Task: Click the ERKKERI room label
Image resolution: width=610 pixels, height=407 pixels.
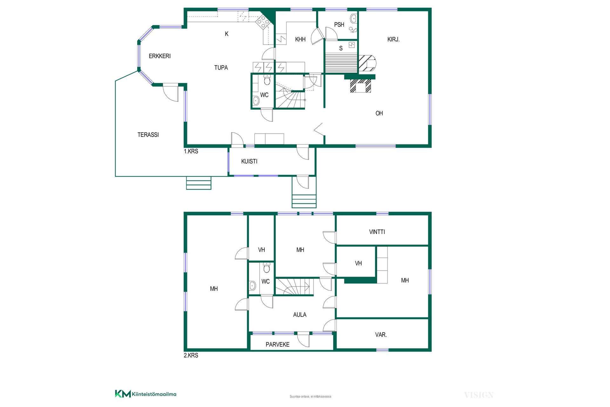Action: (x=159, y=56)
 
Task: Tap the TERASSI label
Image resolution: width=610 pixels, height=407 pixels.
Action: (x=148, y=135)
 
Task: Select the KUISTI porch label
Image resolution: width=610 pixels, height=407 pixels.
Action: (x=249, y=161)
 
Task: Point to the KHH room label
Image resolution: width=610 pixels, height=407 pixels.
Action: (x=300, y=39)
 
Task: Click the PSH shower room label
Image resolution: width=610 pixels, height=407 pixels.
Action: (x=339, y=24)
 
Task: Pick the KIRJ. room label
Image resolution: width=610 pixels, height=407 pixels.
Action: (x=393, y=39)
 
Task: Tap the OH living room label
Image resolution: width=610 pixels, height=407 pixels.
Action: (x=379, y=113)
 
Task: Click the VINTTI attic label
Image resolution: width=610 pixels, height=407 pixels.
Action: (x=377, y=232)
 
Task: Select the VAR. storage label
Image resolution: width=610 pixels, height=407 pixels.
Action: (x=381, y=335)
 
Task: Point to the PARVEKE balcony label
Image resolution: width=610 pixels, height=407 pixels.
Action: (x=277, y=344)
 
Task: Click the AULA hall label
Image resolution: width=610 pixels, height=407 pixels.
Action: (x=300, y=315)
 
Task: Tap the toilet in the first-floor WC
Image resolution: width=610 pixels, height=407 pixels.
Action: (x=267, y=80)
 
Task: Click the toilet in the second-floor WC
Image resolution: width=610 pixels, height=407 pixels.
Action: (x=267, y=268)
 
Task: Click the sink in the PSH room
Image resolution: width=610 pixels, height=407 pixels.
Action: (x=353, y=19)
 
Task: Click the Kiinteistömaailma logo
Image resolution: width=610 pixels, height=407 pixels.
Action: (x=146, y=394)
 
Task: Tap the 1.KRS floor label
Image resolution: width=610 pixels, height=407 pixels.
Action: (x=191, y=151)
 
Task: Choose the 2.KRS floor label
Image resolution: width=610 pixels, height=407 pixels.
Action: (x=191, y=355)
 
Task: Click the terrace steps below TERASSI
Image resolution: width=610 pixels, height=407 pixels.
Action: (x=199, y=183)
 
